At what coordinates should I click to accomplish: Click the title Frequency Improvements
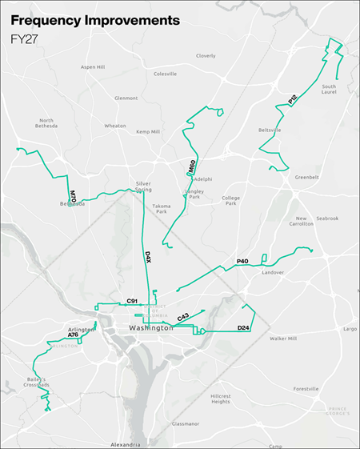click(90, 20)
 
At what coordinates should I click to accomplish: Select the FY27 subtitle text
click(24, 38)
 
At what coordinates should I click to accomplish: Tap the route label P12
click(293, 99)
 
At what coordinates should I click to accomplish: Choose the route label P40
click(242, 262)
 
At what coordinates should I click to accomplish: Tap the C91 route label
click(133, 301)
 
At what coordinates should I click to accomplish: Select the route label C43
click(183, 318)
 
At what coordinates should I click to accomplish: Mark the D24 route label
click(244, 327)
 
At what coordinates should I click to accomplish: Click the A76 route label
click(74, 335)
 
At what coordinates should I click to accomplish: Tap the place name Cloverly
click(206, 56)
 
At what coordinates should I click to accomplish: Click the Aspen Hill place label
click(93, 67)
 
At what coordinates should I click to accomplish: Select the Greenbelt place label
click(306, 177)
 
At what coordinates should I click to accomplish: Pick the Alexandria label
click(124, 443)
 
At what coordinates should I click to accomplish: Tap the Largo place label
click(350, 329)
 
